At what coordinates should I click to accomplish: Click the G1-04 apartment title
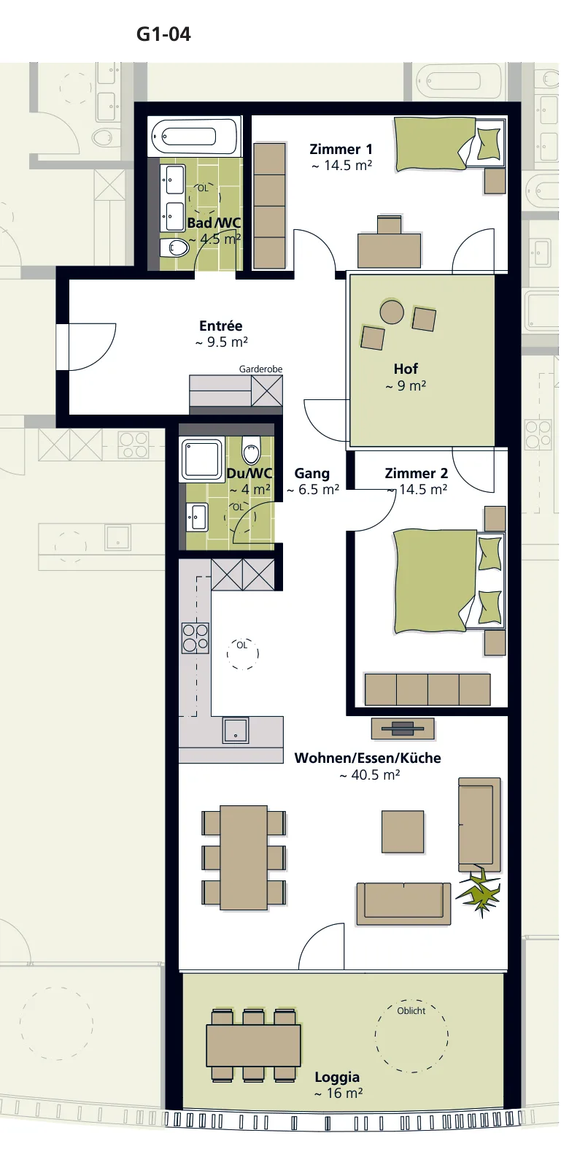coord(163,34)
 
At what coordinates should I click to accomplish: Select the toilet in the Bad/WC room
coord(174,248)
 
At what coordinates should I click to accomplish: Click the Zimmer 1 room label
coord(341,150)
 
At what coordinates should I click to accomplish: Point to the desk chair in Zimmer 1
coord(390,225)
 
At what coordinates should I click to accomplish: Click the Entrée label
coord(221,326)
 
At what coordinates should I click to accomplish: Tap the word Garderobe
coord(260,369)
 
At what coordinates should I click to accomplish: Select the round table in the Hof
coord(392,312)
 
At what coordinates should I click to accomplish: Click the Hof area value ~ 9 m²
coord(406,386)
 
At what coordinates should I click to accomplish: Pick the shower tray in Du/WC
coord(203,459)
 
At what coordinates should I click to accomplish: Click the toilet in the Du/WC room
coord(251,450)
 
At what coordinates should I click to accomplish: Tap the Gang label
coord(312,474)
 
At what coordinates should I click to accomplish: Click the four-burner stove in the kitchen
coord(196,638)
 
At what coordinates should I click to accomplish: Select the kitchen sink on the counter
coord(236,731)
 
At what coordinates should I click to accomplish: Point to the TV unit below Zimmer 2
coord(403,729)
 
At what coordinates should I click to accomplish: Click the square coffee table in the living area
coord(403,831)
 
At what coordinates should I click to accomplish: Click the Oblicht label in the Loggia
coord(411,1010)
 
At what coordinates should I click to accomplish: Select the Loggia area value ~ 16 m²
coord(338,1094)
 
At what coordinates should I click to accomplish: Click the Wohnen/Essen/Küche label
coord(368,758)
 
